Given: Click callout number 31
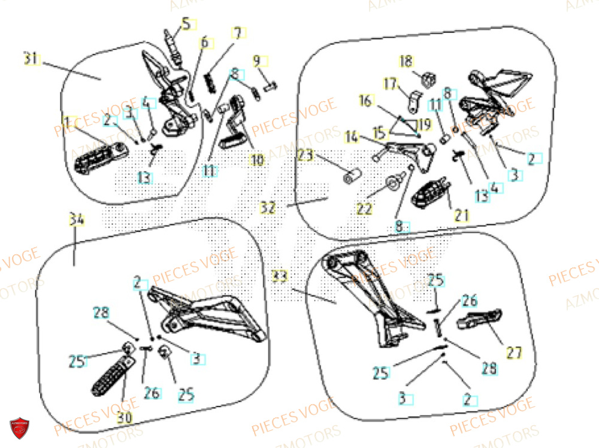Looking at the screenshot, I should click(31, 59).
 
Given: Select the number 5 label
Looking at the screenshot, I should click(185, 25).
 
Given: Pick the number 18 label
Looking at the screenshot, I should click(406, 61).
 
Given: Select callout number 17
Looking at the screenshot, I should click(391, 85).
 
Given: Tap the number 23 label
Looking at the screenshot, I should click(305, 156).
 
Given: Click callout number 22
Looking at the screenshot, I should click(365, 209).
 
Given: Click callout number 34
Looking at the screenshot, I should click(76, 220).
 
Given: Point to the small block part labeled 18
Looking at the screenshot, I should click(428, 79).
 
